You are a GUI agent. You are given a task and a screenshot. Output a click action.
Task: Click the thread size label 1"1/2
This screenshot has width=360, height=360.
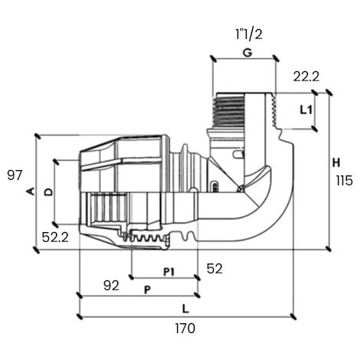click(249, 34)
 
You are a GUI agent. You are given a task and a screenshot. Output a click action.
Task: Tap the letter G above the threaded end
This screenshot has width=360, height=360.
click(247, 53)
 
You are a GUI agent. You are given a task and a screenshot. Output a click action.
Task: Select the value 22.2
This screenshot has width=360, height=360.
click(306, 77)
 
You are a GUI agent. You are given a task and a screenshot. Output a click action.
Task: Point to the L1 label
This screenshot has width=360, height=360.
click(306, 110)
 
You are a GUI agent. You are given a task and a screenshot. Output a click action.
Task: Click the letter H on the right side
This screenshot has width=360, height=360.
click(336, 162)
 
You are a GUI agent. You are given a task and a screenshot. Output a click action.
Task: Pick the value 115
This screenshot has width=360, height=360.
click(345, 181)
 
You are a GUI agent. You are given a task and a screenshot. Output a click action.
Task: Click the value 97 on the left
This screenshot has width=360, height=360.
click(15, 175)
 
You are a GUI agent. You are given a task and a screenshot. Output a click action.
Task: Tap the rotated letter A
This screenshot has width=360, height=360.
click(31, 191)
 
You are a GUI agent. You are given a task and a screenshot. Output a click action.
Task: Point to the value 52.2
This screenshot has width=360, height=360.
click(55, 237)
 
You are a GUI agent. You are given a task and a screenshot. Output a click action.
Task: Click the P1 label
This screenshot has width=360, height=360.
click(169, 272)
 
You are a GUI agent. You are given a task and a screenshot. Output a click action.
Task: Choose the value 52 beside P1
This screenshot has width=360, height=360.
click(214, 269)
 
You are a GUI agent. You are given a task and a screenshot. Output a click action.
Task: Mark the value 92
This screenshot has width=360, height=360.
click(111, 286)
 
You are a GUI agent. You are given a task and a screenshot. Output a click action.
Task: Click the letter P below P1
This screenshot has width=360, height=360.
click(147, 290)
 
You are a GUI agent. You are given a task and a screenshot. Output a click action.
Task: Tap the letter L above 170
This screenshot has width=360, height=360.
click(185, 309)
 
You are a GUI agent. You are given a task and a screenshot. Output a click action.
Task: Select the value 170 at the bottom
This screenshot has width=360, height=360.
click(185, 329)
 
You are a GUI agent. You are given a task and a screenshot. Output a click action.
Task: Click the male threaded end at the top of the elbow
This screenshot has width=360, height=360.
click(229, 110)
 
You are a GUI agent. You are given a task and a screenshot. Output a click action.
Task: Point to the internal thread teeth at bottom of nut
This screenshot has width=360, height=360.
click(145, 237)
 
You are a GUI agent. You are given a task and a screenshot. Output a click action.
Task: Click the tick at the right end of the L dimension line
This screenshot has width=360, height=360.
click(293, 316)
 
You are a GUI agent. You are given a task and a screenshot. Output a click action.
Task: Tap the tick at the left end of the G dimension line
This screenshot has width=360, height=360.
click(213, 58)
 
